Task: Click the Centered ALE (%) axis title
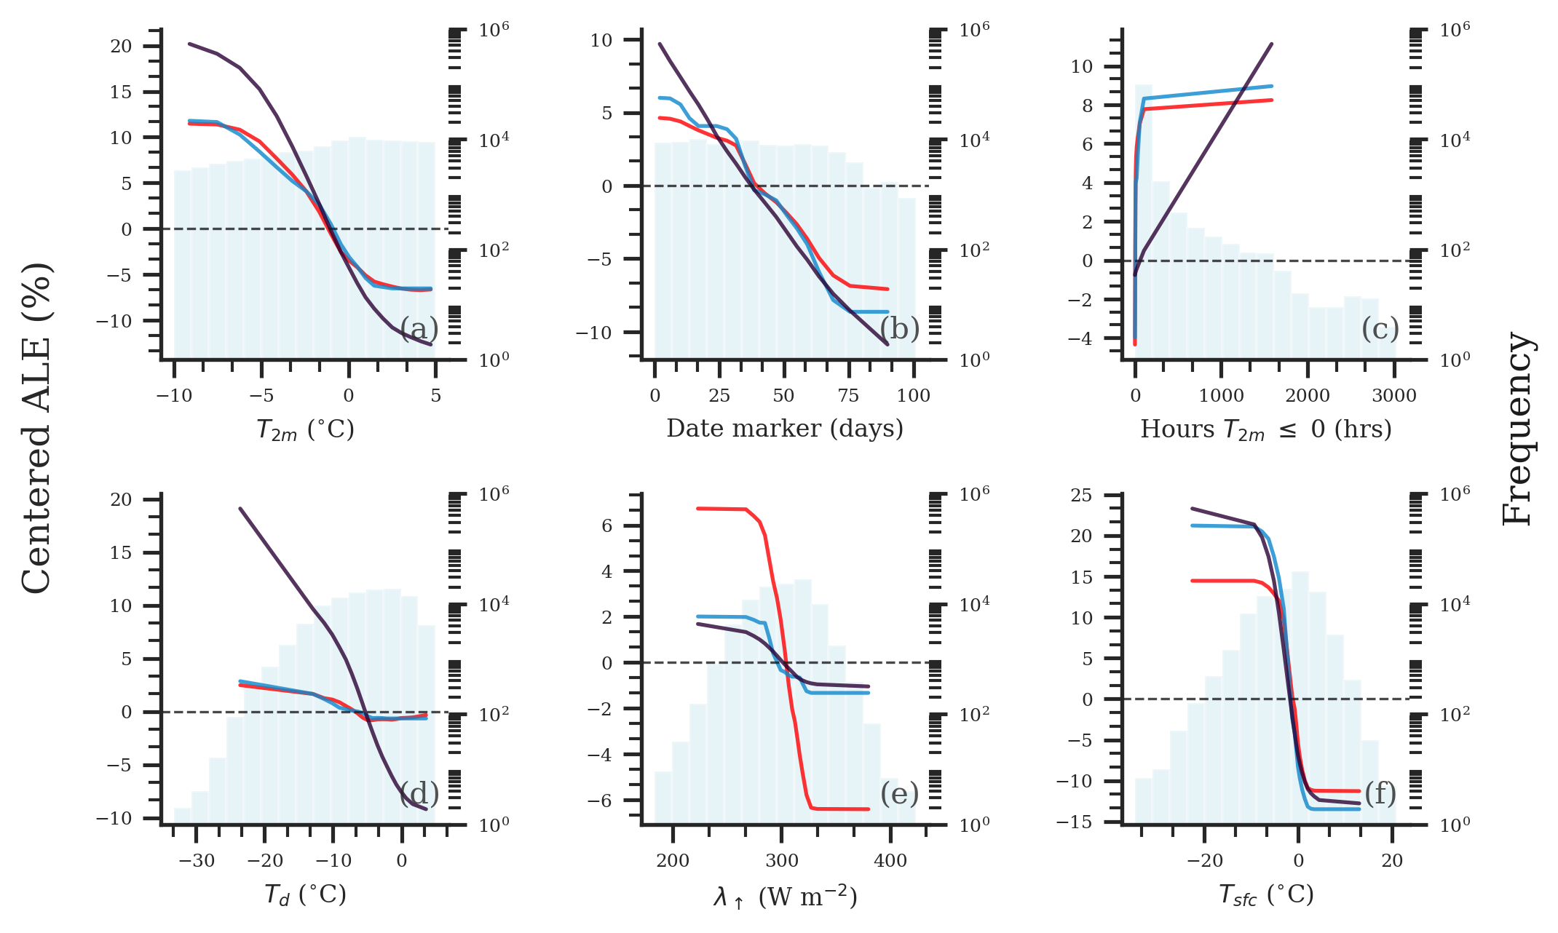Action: tap(36, 428)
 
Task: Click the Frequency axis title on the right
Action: tap(1519, 428)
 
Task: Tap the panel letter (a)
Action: tap(419, 329)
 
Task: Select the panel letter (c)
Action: tap(1380, 329)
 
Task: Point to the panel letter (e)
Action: tap(900, 793)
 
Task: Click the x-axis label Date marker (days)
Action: tap(785, 429)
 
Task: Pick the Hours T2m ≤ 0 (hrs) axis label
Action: tap(1266, 429)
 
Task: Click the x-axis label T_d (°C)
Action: tap(305, 894)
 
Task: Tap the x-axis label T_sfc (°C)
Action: tap(1266, 894)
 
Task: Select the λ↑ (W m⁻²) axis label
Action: tap(785, 897)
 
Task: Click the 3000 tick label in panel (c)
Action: tap(1393, 396)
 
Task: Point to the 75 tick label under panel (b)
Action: tap(848, 396)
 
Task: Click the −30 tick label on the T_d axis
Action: tap(197, 861)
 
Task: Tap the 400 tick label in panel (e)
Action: tap(890, 861)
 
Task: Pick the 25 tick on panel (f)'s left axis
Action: tap(1082, 496)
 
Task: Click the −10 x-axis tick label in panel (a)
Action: tap(174, 396)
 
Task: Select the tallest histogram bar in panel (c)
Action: tap(1144, 218)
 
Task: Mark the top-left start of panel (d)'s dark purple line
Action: tap(240, 509)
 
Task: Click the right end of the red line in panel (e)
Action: tap(869, 809)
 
